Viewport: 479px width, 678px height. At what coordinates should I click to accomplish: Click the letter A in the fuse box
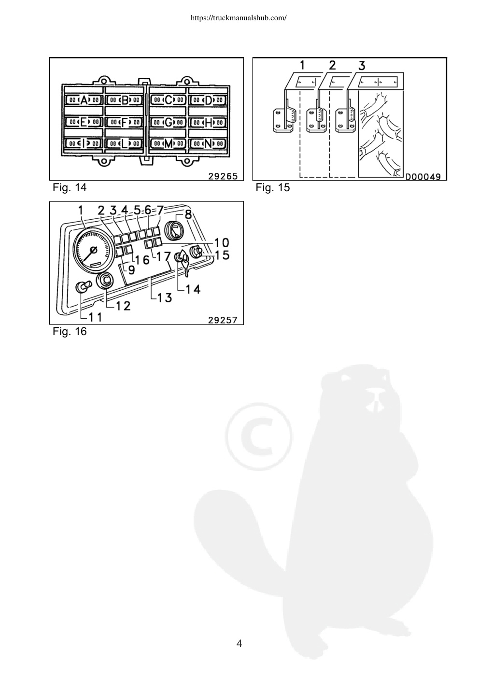click(84, 100)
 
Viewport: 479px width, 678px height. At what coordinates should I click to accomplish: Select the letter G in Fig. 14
click(169, 122)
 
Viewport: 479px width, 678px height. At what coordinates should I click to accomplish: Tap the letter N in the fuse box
click(208, 144)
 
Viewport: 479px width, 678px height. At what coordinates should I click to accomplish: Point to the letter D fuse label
click(209, 100)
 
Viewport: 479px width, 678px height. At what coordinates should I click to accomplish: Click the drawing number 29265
click(223, 176)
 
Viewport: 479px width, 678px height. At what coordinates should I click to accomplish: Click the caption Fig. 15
click(273, 187)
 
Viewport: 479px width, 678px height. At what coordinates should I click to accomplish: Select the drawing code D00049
click(423, 176)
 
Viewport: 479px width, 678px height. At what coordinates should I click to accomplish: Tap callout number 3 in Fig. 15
click(362, 65)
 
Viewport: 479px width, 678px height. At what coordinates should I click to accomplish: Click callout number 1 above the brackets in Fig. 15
click(302, 65)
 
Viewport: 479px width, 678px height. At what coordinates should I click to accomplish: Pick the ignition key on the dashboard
click(184, 263)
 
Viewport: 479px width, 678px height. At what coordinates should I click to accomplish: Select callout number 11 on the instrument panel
click(95, 317)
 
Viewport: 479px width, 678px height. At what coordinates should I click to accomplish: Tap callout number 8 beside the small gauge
click(188, 214)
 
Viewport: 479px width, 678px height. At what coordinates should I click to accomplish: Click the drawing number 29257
click(223, 320)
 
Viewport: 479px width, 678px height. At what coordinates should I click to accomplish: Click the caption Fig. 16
click(70, 331)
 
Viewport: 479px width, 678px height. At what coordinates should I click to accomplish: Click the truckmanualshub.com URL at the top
click(239, 18)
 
